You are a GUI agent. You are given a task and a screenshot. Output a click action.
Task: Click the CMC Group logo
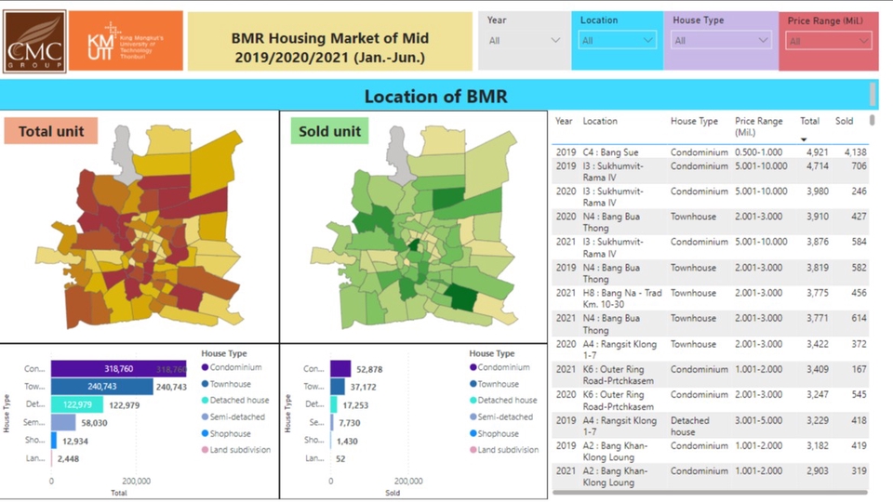tap(34, 41)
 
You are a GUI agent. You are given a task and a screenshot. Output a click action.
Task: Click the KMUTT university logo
tap(126, 41)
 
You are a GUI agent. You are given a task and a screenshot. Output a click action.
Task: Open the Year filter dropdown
tap(525, 41)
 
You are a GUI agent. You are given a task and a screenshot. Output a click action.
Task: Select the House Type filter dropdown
tap(721, 41)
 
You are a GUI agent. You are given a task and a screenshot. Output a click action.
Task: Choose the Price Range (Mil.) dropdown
tap(828, 41)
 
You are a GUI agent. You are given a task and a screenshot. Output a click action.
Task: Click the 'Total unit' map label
tap(51, 132)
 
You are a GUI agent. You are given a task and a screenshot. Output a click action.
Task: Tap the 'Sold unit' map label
tap(329, 132)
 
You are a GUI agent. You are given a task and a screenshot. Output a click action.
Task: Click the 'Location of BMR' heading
tap(435, 97)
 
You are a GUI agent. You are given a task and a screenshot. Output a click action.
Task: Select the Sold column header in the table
tap(844, 121)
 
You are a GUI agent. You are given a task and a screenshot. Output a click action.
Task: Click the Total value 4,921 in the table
tap(811, 152)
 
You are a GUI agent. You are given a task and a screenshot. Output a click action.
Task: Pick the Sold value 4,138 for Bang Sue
tap(854, 152)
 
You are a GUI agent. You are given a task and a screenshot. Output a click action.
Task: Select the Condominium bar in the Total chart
tap(116, 368)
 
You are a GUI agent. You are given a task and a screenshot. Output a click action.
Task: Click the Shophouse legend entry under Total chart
tap(229, 433)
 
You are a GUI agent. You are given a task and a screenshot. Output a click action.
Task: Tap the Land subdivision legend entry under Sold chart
tap(507, 450)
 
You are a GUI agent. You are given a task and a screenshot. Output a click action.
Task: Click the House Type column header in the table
tap(694, 121)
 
